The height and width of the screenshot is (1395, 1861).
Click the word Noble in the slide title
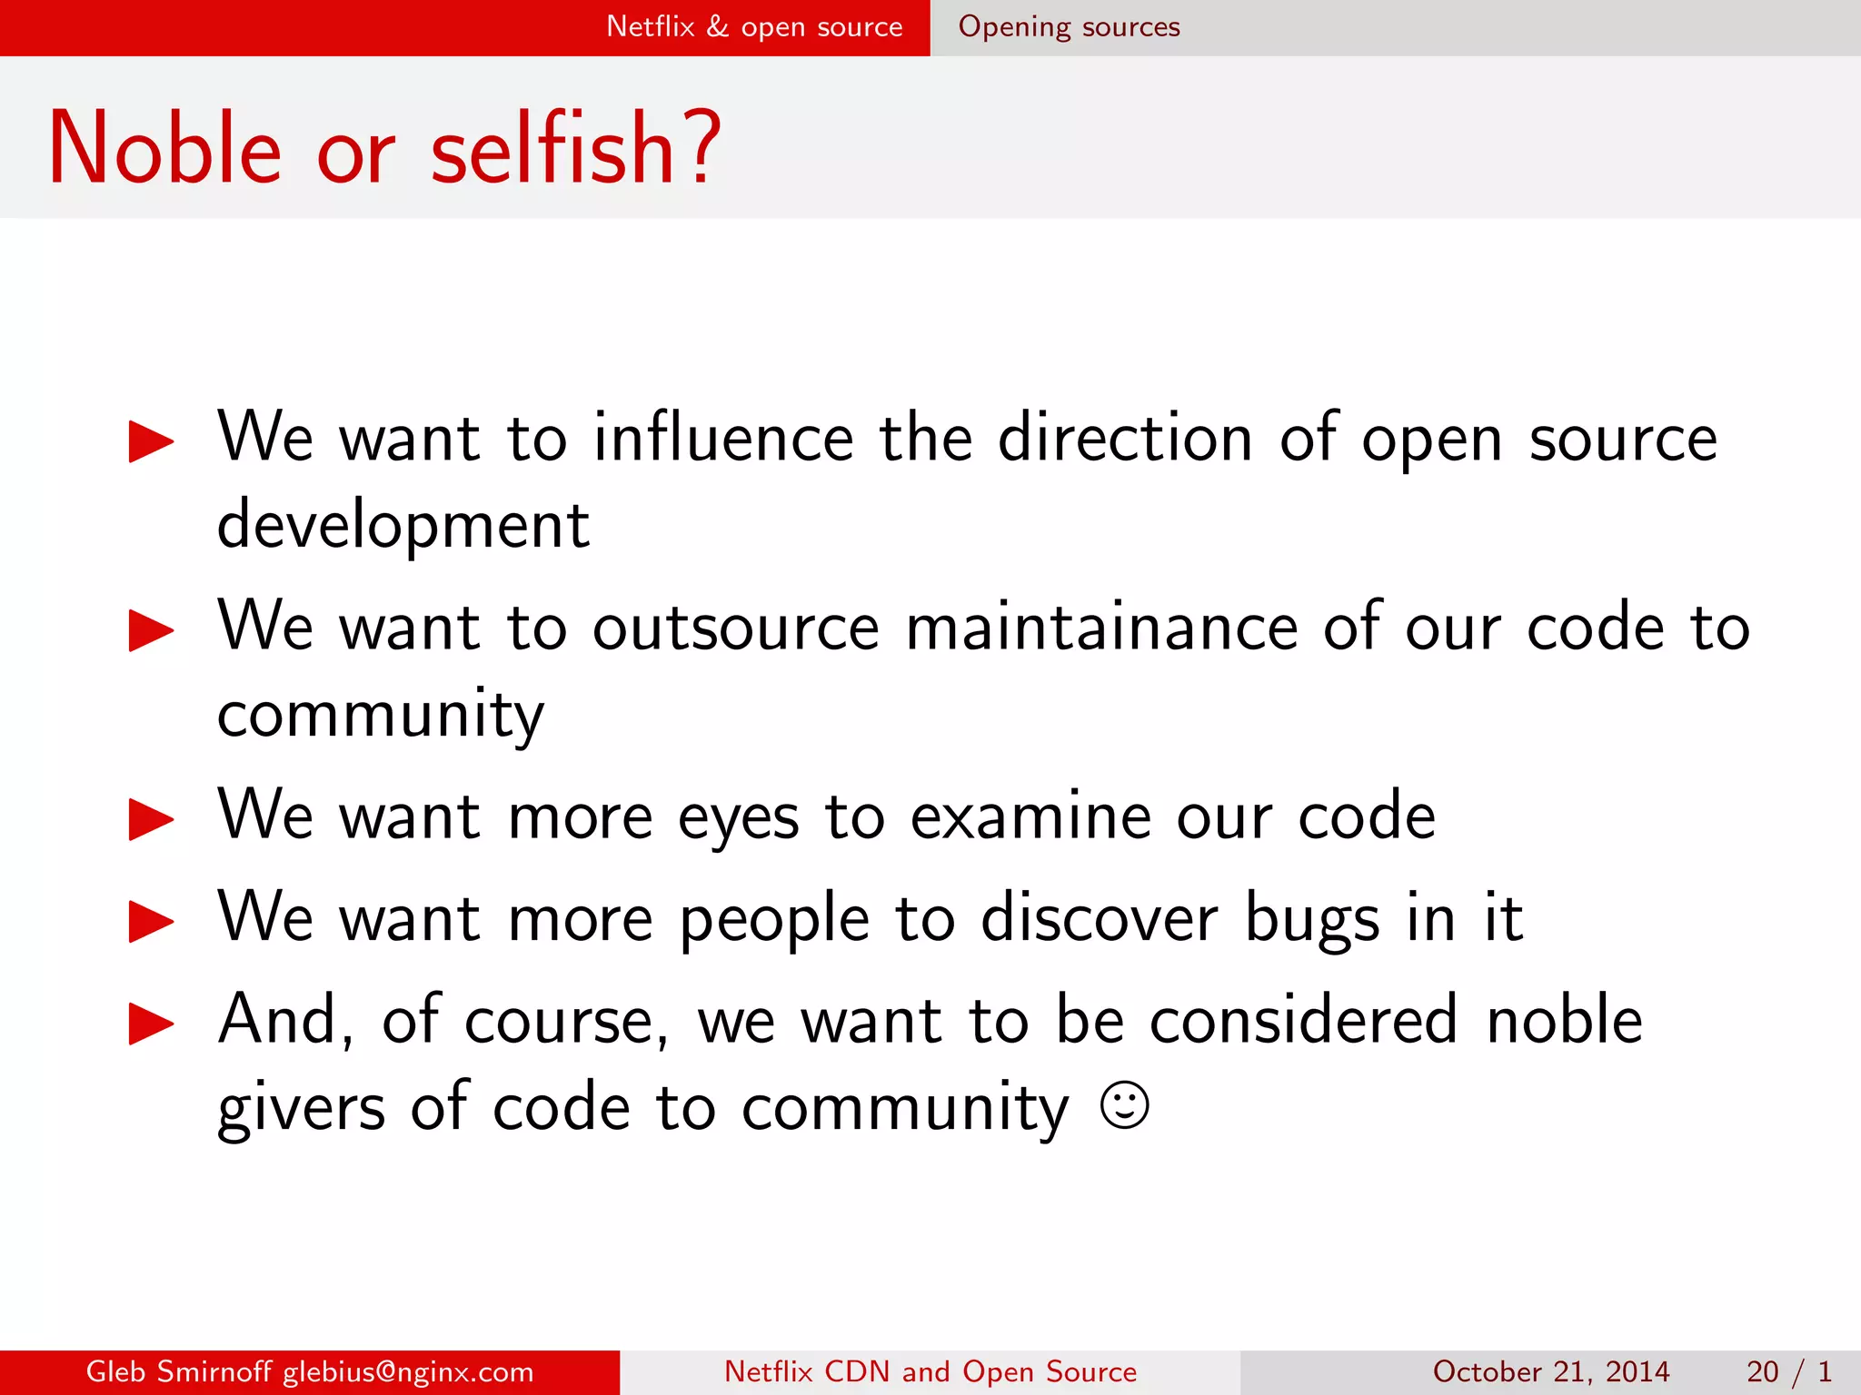pos(164,148)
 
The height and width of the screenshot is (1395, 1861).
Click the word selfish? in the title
pos(575,148)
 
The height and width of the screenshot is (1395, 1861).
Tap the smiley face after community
pos(1124,1105)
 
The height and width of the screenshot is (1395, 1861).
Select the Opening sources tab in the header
pos(1069,27)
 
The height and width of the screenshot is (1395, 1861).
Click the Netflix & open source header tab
pos(754,27)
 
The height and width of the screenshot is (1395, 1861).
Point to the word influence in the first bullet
pos(723,438)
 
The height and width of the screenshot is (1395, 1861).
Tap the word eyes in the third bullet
pos(738,817)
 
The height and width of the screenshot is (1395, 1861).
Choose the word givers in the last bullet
pos(302,1108)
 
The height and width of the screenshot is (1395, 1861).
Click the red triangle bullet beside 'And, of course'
pos(151,1024)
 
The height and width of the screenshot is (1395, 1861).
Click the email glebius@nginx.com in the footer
pos(408,1371)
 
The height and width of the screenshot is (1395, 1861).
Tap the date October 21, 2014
pos(1550,1371)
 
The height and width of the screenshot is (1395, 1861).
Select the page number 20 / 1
pos(1788,1371)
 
